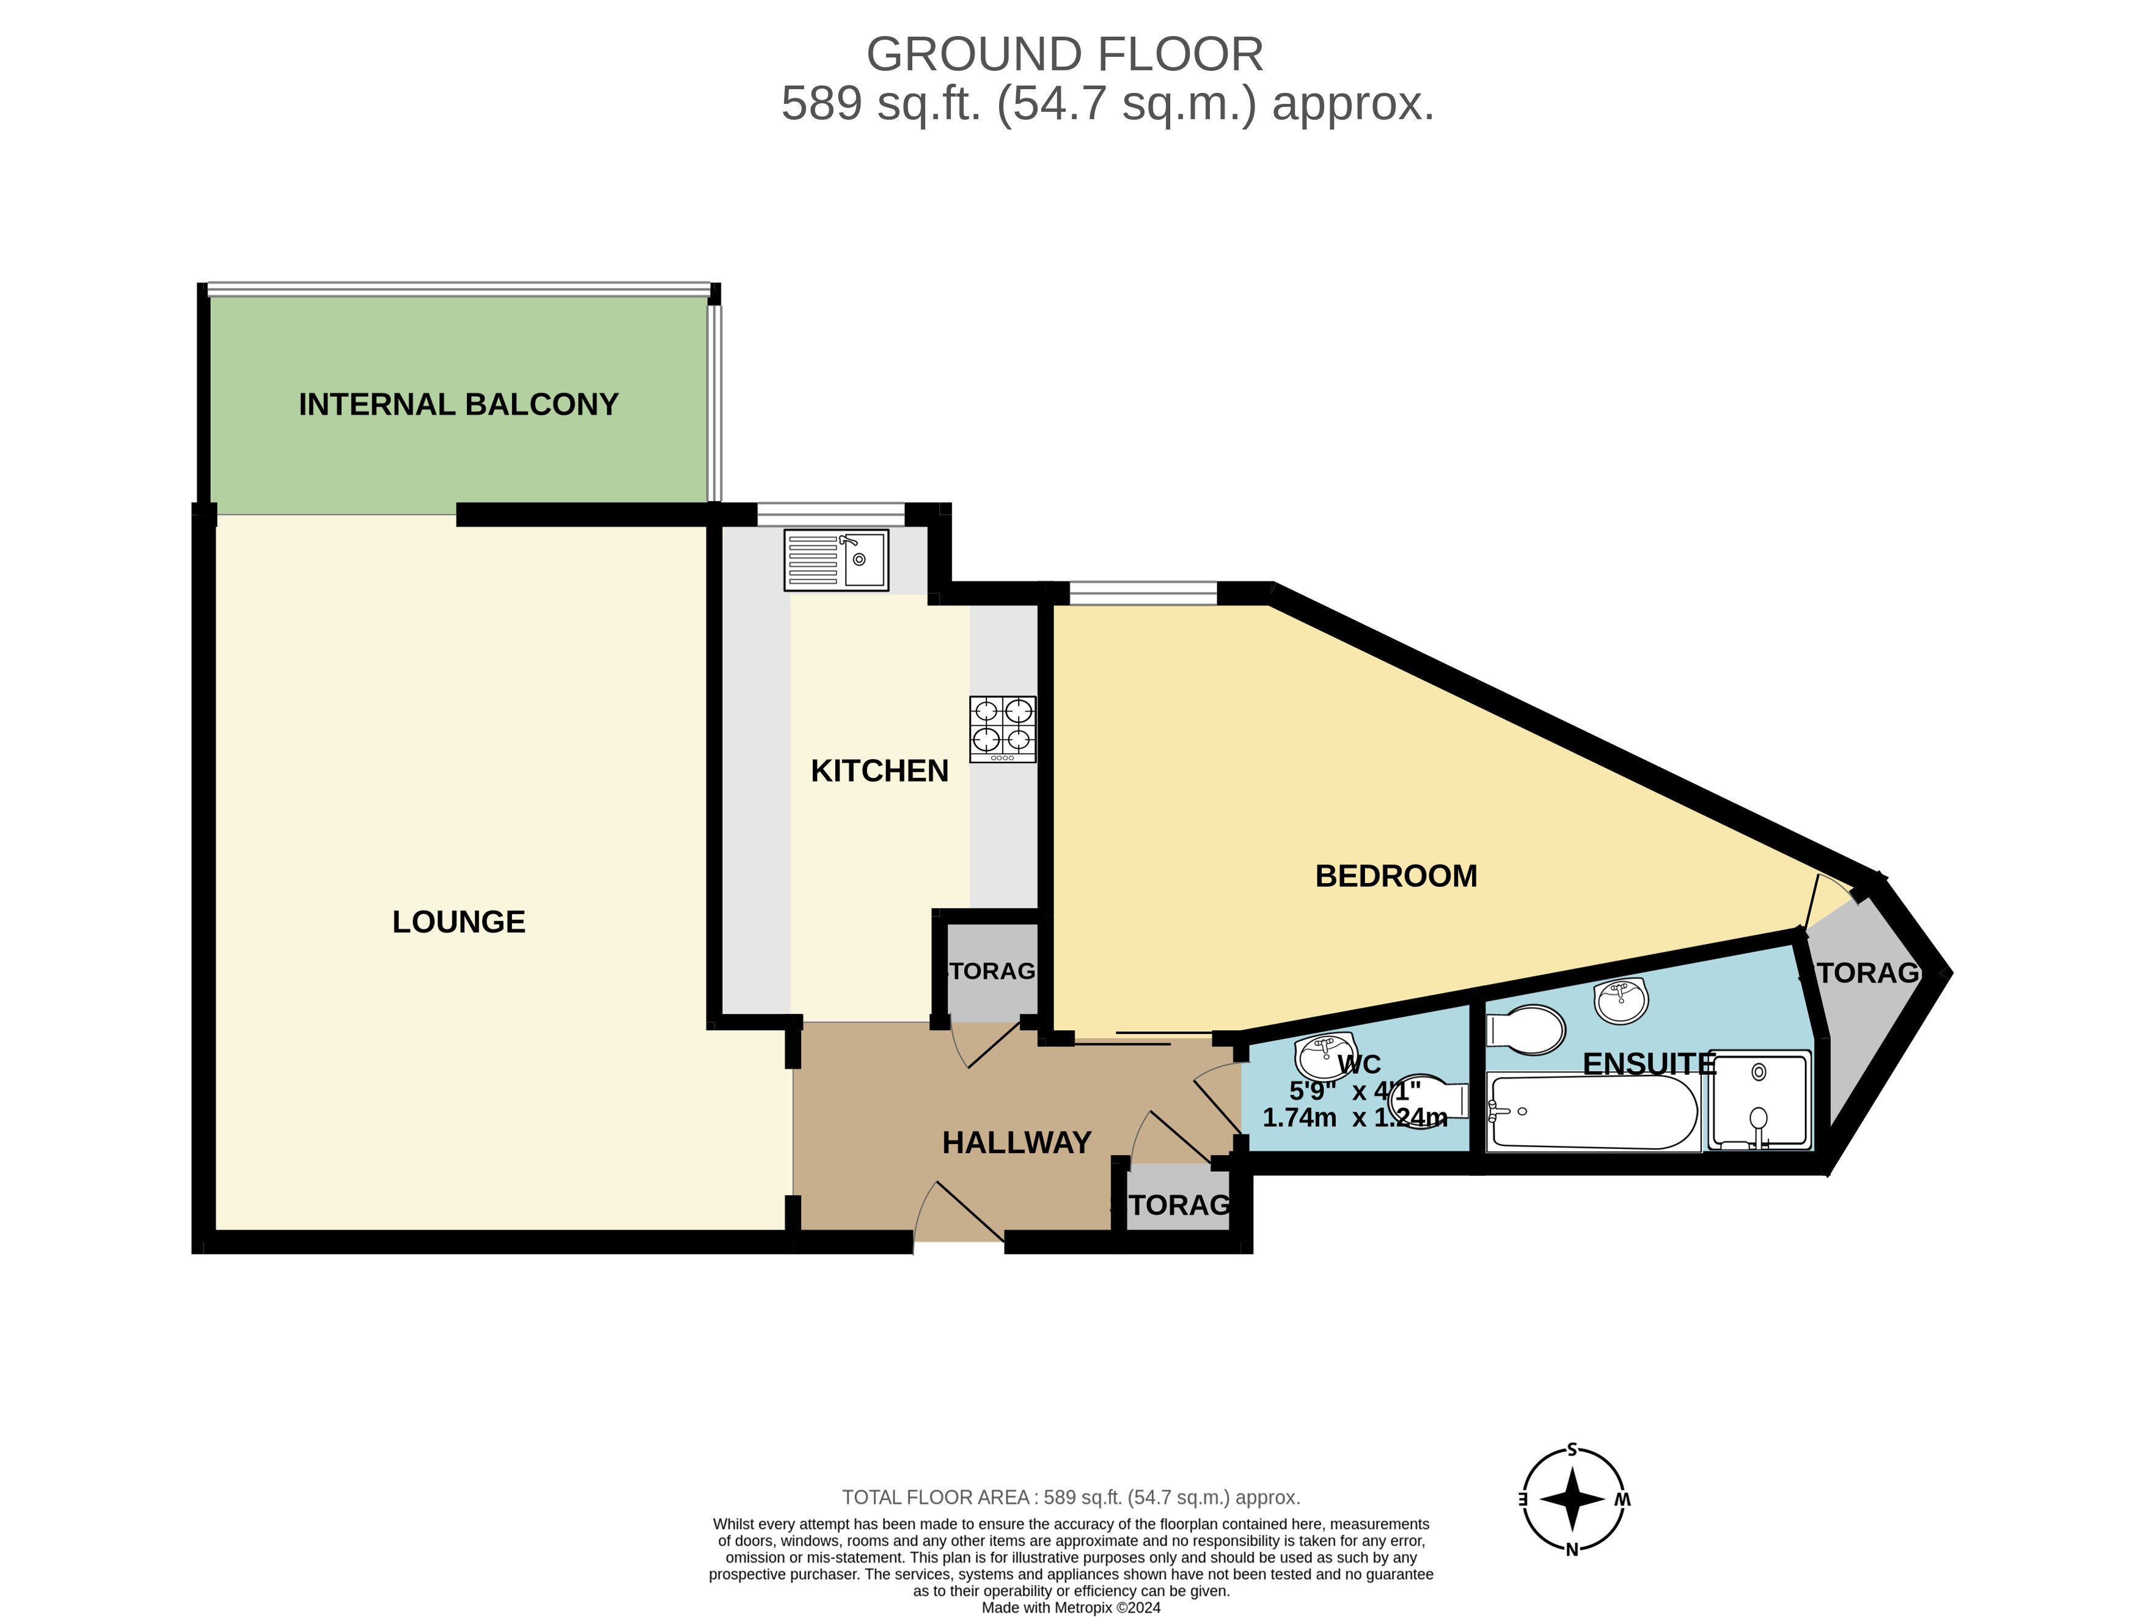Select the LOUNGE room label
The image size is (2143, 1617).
(458, 922)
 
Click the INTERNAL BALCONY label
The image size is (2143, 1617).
(458, 404)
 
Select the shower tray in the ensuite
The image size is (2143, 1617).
(1759, 1099)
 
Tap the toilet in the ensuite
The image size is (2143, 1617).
(1526, 1029)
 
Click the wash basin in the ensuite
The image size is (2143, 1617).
(1621, 1001)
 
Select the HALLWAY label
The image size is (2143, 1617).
(1016, 1143)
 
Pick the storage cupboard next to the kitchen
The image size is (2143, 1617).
(990, 972)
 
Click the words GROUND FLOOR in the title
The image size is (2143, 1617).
(1064, 54)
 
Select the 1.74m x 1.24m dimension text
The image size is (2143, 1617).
(1354, 1118)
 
